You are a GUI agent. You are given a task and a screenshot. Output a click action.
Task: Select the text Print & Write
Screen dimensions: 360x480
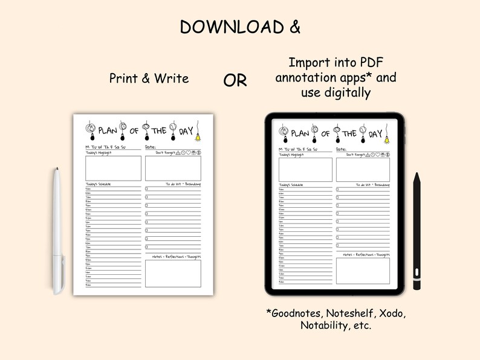[x=149, y=78]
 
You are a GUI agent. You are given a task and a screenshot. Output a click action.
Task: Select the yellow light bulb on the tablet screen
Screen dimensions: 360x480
[x=387, y=138]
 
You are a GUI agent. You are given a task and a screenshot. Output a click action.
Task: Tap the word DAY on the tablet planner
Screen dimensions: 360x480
[x=375, y=133]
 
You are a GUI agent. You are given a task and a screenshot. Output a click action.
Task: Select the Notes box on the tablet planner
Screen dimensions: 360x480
[x=363, y=271]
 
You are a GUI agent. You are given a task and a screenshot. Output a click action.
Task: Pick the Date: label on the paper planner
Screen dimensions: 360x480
[x=151, y=147]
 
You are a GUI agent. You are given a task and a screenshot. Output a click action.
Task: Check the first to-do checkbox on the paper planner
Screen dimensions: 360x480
[x=146, y=189]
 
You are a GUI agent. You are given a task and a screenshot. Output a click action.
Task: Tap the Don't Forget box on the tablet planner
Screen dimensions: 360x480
[x=363, y=169]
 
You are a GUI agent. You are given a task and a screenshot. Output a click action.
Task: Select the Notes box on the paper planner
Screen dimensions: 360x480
[x=173, y=273]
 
